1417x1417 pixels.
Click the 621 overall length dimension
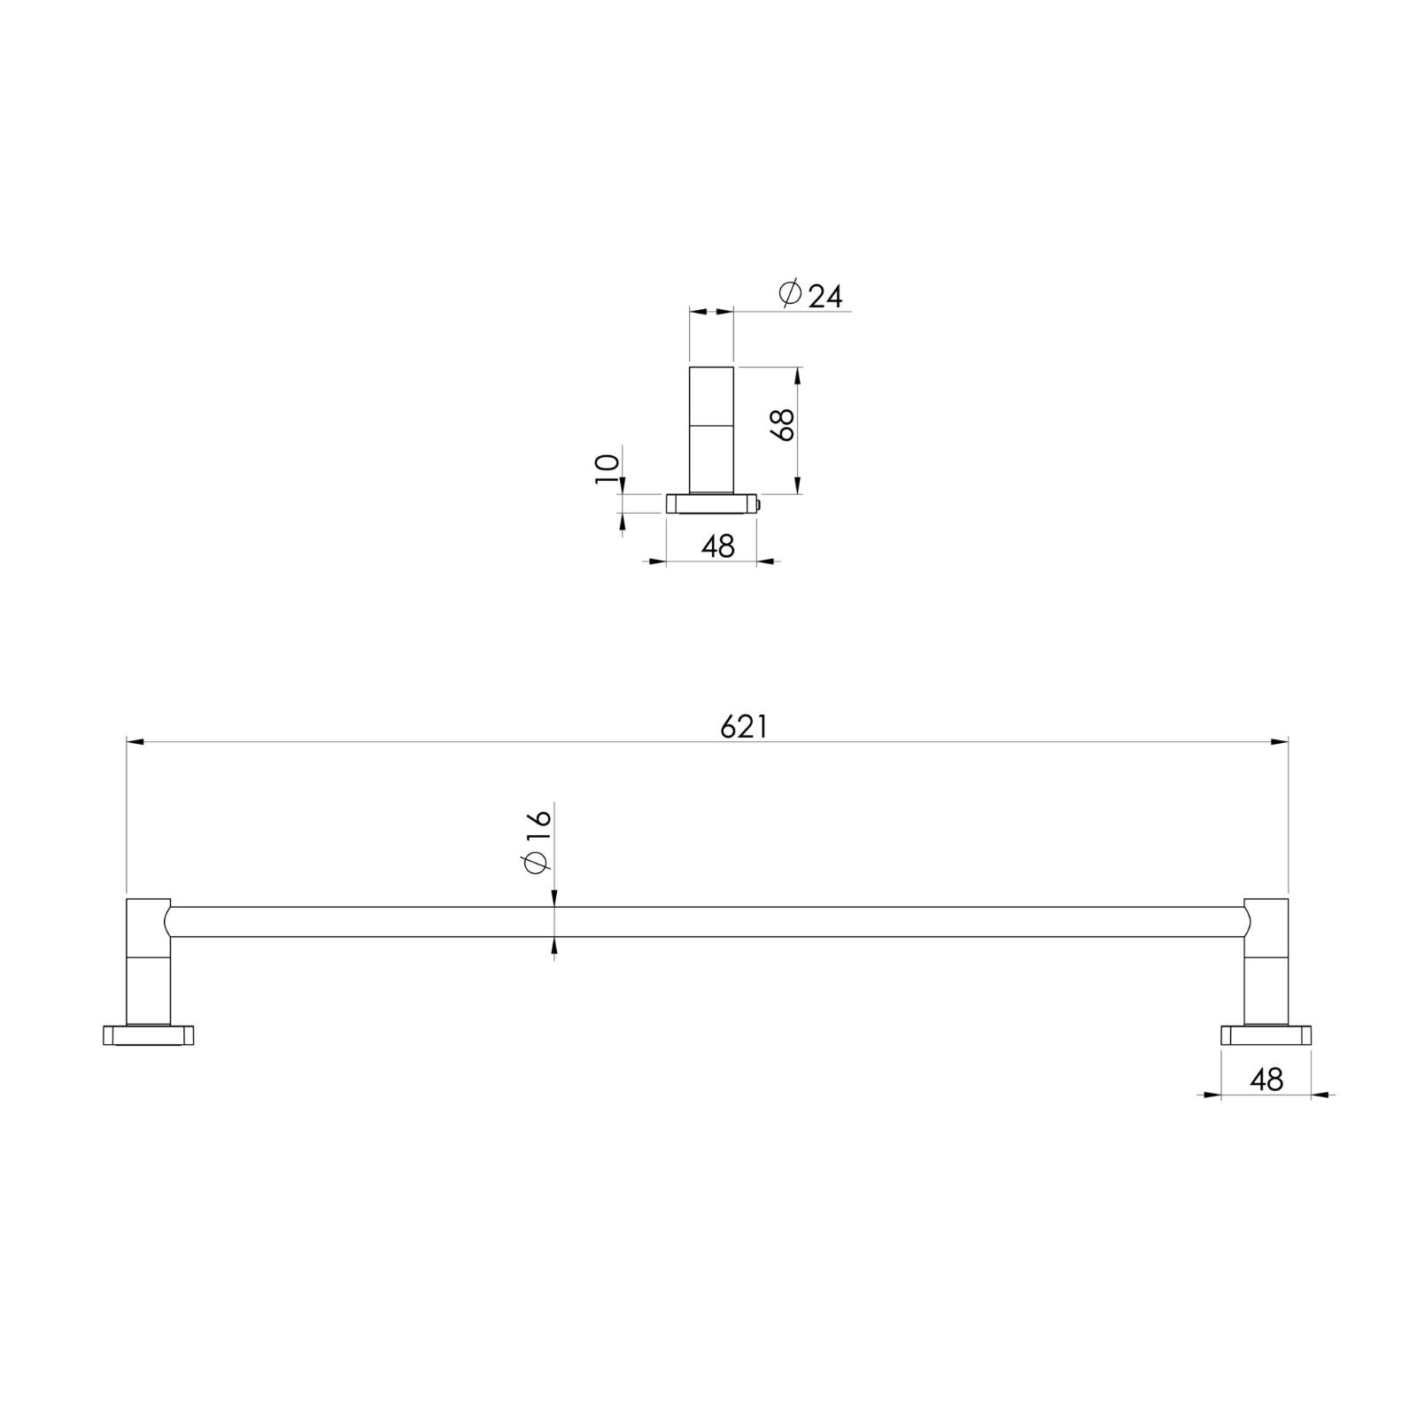click(743, 726)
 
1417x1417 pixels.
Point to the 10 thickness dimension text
click(607, 468)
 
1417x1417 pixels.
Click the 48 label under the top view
click(717, 546)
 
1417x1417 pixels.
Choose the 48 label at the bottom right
click(1266, 1080)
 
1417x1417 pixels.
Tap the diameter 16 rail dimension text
click(538, 839)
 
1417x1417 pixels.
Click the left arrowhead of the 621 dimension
click(135, 742)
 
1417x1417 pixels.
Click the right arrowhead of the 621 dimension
click(1280, 742)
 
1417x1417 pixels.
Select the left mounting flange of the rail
click(148, 1034)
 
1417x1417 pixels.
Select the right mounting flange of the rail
click(1266, 1034)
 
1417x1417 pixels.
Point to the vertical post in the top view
click(712, 430)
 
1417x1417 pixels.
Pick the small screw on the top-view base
click(760, 504)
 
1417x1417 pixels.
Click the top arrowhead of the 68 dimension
click(798, 376)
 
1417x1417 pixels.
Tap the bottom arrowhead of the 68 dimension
click(798, 485)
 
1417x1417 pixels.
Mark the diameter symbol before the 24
click(790, 292)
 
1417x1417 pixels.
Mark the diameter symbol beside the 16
click(537, 861)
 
